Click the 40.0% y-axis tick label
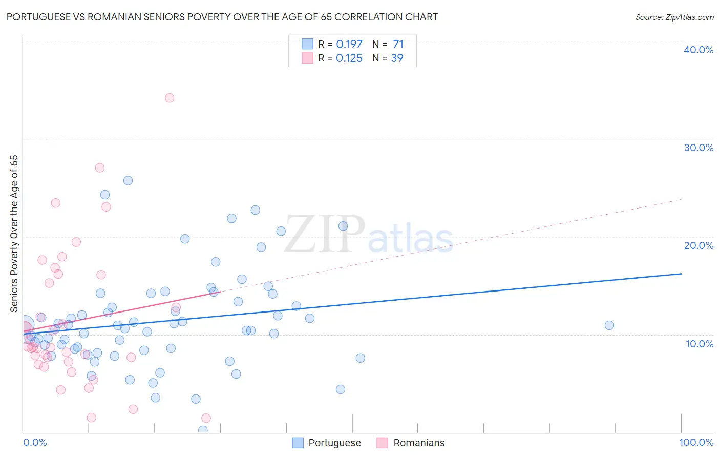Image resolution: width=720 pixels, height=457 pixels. tap(698, 50)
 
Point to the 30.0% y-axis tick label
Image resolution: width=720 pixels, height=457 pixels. tap(698, 148)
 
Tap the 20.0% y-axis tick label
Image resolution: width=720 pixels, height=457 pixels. tap(698, 245)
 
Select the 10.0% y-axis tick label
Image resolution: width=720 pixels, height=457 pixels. tap(699, 344)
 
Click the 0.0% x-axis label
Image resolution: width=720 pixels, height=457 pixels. tap(35, 442)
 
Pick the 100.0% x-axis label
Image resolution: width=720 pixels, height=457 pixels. tap(696, 442)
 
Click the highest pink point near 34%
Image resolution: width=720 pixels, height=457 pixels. tap(170, 98)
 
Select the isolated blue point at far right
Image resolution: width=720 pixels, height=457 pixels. tap(609, 325)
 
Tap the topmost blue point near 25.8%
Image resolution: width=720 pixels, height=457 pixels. tap(128, 180)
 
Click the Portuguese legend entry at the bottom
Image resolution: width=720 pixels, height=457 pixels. tap(334, 443)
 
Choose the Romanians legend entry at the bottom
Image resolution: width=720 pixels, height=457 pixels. tap(418, 443)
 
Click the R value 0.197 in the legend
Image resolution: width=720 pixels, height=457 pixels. tap(349, 45)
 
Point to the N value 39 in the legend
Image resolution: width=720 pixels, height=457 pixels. tap(397, 58)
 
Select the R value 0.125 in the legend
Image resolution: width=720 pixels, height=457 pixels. tap(349, 58)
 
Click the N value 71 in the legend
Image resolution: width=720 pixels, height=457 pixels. tap(398, 45)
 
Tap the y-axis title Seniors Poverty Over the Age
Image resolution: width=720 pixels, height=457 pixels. tap(14, 233)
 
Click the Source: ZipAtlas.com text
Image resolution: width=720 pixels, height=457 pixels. tap(674, 17)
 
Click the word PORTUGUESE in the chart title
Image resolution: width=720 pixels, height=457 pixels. tap(40, 17)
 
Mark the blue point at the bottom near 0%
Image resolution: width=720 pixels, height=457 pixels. tap(203, 430)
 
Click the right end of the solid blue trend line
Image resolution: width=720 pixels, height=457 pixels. tap(681, 274)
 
